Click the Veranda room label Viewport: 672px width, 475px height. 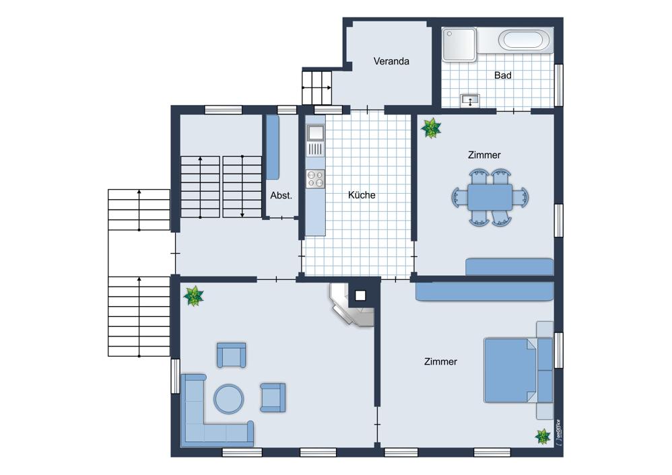(x=391, y=61)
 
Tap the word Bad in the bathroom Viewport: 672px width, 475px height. (x=503, y=75)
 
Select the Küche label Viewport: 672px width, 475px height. (x=362, y=195)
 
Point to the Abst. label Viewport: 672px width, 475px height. (x=281, y=195)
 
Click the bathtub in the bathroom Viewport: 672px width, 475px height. (x=524, y=40)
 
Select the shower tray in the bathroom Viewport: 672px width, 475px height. (x=459, y=44)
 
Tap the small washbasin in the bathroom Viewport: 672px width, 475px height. (x=470, y=101)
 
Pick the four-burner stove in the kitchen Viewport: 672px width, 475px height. (x=315, y=178)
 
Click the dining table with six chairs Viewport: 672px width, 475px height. (x=490, y=197)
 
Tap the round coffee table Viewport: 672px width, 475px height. (x=229, y=398)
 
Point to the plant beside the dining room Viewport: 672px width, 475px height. (x=431, y=128)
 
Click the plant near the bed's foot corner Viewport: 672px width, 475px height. (x=543, y=437)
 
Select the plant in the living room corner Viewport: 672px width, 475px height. (x=193, y=297)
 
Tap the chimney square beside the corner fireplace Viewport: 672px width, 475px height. (x=360, y=295)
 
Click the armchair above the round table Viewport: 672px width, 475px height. (x=232, y=355)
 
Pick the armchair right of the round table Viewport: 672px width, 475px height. (x=273, y=398)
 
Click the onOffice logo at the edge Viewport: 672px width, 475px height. (x=558, y=433)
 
